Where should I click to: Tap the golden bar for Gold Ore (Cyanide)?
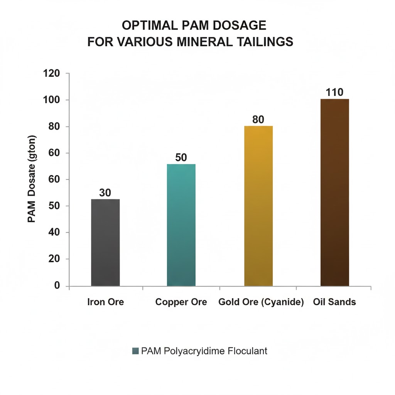point(258,206)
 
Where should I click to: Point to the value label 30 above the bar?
point(105,193)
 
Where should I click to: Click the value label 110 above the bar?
point(334,92)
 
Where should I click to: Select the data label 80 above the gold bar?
point(258,120)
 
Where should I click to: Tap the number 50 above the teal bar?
point(181,157)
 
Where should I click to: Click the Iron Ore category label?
point(105,302)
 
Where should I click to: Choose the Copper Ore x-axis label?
point(181,302)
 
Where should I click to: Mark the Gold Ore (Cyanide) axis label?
point(261,302)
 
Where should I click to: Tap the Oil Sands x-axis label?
point(335,302)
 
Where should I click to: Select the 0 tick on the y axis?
point(57,286)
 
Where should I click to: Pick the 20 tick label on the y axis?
point(54,259)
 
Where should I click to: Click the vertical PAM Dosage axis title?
point(32,179)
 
